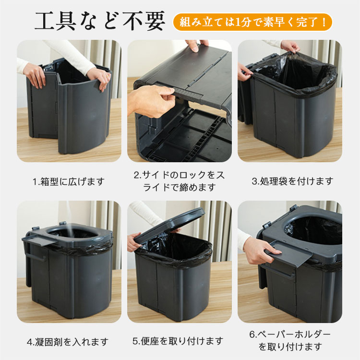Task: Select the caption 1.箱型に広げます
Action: coord(68,182)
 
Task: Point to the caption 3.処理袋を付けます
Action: coord(292,181)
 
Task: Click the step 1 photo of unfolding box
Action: coord(69,101)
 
